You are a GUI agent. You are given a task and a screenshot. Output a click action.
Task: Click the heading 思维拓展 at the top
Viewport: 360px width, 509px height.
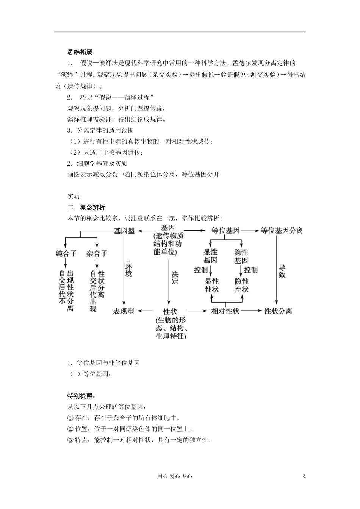click(80, 52)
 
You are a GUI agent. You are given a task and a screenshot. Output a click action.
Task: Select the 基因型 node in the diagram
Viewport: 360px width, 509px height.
click(124, 230)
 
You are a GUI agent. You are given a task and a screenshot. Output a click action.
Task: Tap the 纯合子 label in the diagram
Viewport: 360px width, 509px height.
click(66, 253)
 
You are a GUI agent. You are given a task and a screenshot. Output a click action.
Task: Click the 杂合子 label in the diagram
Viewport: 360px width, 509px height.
click(97, 253)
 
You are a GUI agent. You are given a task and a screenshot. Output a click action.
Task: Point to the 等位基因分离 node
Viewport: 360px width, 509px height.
click(282, 230)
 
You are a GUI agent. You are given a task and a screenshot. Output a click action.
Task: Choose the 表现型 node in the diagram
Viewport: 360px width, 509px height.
click(124, 311)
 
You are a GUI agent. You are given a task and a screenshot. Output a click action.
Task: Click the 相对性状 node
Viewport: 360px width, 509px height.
click(225, 311)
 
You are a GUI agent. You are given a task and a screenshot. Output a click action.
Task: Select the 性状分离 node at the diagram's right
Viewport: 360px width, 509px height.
click(278, 311)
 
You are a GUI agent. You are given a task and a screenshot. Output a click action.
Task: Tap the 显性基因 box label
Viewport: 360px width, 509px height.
click(210, 256)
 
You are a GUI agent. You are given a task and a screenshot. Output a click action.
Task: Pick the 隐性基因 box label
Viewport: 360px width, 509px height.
click(241, 256)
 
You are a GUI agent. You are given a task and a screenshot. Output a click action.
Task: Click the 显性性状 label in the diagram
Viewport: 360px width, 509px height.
click(212, 285)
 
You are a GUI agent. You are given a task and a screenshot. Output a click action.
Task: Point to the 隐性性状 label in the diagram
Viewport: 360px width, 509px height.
click(241, 285)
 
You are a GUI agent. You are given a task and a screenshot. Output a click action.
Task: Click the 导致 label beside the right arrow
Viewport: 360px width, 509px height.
click(282, 271)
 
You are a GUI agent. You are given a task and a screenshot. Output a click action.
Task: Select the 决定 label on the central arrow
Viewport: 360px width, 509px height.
click(175, 278)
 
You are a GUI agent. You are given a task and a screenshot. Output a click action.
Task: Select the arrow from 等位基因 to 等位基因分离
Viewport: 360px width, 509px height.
click(250, 230)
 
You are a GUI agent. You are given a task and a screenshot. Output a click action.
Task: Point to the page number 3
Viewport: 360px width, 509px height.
click(304, 476)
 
